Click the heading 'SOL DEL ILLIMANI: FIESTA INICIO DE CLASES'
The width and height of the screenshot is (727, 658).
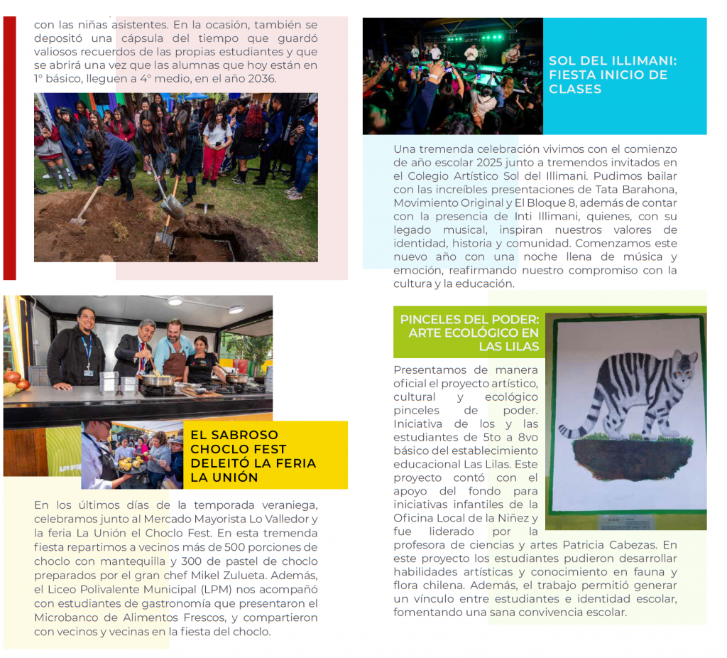(x=612, y=75)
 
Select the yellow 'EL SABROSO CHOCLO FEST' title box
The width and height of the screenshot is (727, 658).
(x=265, y=455)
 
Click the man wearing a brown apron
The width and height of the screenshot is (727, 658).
(x=173, y=350)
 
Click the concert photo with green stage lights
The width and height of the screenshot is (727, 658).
(x=452, y=76)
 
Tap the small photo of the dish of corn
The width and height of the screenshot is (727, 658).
(x=131, y=455)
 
